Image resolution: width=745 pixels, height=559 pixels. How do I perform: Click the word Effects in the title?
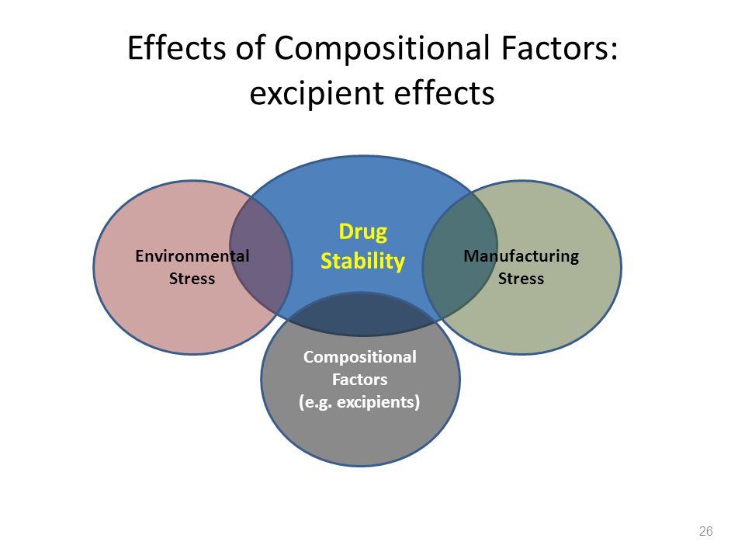pyautogui.click(x=176, y=48)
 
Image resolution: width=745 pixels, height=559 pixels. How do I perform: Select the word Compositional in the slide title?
pyautogui.click(x=382, y=49)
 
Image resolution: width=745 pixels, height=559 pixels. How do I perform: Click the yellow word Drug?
pyautogui.click(x=362, y=232)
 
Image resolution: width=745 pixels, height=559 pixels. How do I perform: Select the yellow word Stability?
pyautogui.click(x=362, y=262)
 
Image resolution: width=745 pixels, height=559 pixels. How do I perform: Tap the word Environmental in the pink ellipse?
pyautogui.click(x=192, y=256)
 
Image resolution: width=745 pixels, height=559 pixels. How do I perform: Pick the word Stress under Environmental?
pyautogui.click(x=192, y=279)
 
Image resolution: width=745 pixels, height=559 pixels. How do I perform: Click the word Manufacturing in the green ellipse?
pyautogui.click(x=521, y=256)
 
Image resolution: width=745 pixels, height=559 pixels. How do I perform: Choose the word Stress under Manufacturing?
pyautogui.click(x=521, y=279)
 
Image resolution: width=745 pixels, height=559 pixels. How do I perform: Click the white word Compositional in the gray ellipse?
pyautogui.click(x=359, y=357)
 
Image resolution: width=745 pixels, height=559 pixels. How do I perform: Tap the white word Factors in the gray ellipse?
pyautogui.click(x=359, y=380)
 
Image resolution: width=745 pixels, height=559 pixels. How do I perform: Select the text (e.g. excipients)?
pyautogui.click(x=359, y=403)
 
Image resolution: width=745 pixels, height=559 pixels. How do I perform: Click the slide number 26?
pyautogui.click(x=705, y=531)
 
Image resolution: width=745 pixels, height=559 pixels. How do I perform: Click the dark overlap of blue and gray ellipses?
pyautogui.click(x=361, y=314)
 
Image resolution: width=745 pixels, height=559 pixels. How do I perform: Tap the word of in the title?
pyautogui.click(x=250, y=48)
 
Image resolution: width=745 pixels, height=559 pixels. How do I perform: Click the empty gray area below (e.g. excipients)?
pyautogui.click(x=361, y=437)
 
